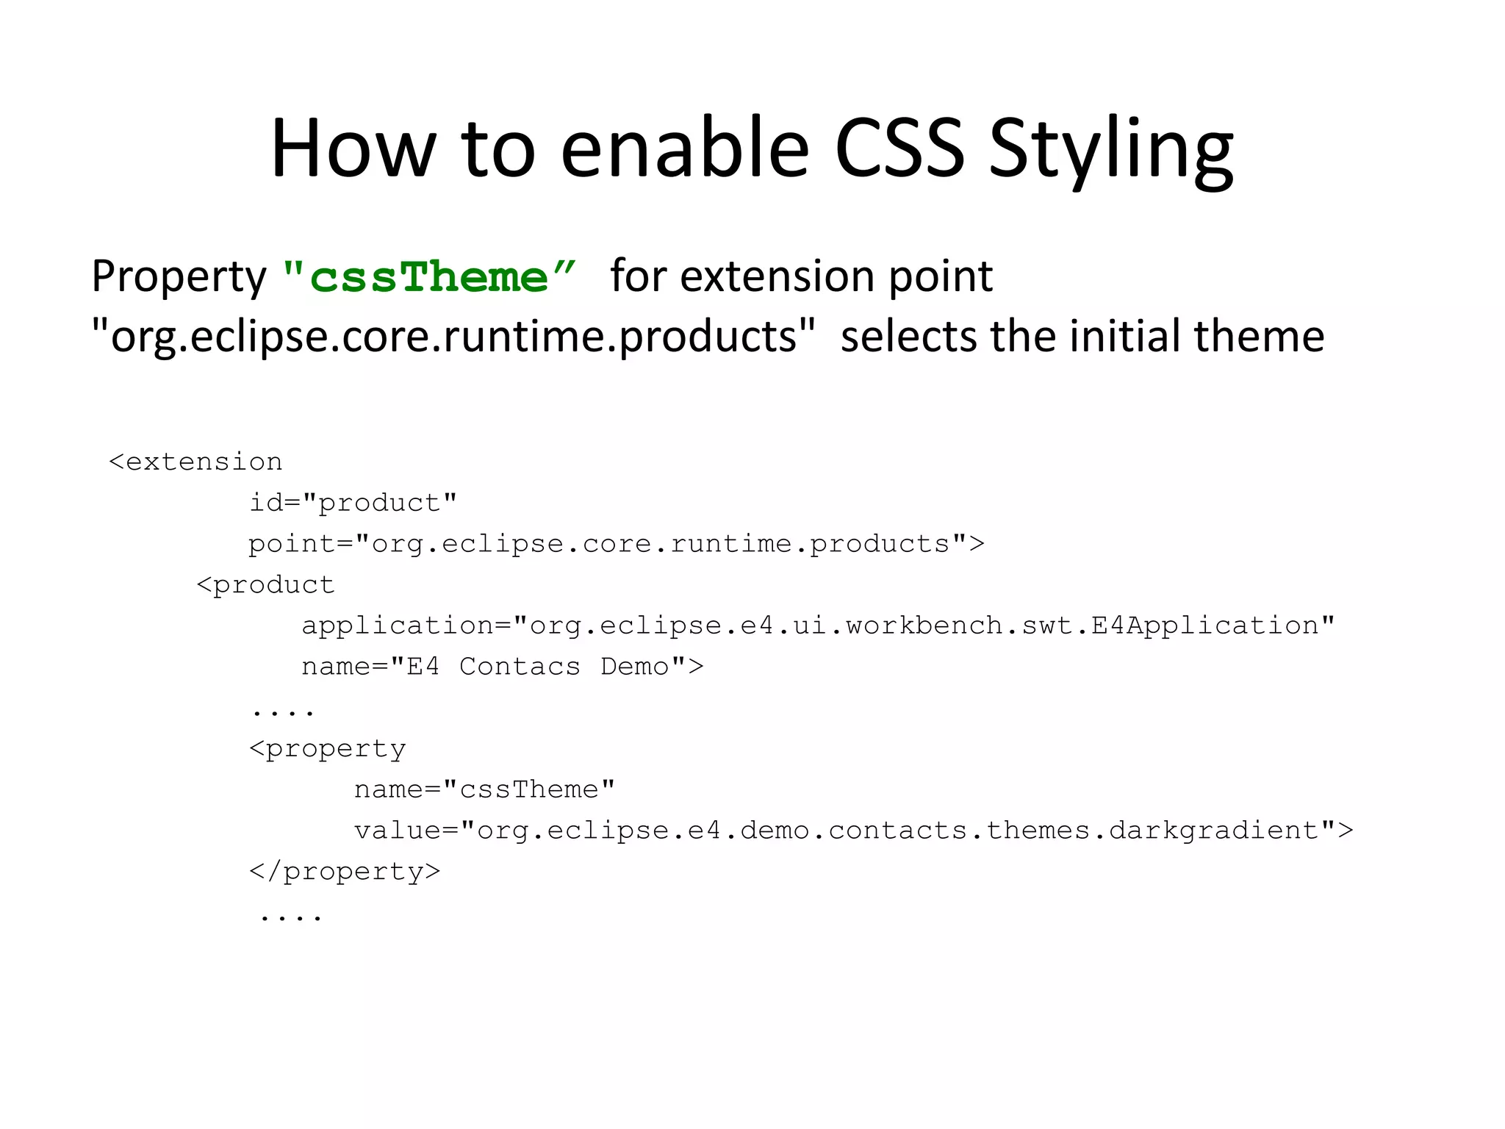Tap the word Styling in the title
pyautogui.click(x=1110, y=151)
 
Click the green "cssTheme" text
pyautogui.click(x=429, y=277)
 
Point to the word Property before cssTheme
pyautogui.click(x=179, y=279)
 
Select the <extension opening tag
pyautogui.click(x=195, y=462)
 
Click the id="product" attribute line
pyautogui.click(x=353, y=503)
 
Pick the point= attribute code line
pyautogui.click(x=616, y=544)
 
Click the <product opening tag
pyautogui.click(x=265, y=585)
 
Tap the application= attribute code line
pyautogui.click(x=818, y=626)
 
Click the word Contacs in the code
pyautogui.click(x=520, y=667)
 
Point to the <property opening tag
pyautogui.click(x=327, y=749)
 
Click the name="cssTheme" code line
pyautogui.click(x=484, y=789)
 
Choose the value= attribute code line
pyautogui.click(x=853, y=831)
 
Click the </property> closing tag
pyautogui.click(x=345, y=872)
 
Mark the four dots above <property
pyautogui.click(x=283, y=712)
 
